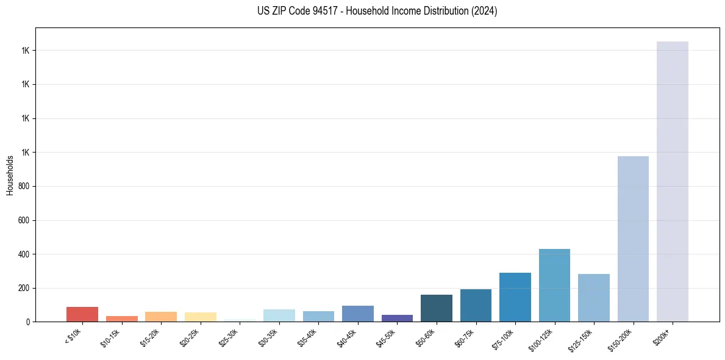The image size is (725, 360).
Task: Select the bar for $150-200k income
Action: point(633,239)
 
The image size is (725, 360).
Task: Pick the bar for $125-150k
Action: point(593,298)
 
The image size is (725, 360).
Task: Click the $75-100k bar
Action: point(515,297)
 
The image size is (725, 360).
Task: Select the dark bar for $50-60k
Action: point(436,308)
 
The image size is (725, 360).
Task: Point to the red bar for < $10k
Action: point(82,314)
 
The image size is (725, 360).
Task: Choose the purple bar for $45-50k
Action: point(397,318)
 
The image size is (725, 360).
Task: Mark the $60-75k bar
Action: point(476,305)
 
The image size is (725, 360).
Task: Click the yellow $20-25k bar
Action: point(200,317)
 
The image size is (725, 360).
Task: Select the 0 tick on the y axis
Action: point(27,322)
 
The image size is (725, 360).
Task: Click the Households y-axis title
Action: point(10,175)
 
